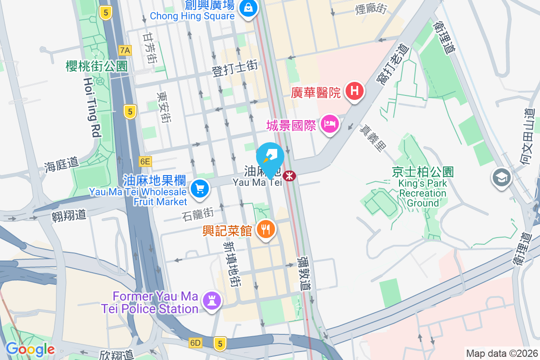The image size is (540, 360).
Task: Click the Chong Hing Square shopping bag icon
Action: (x=247, y=8)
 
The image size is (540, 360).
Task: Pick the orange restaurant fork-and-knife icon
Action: (x=266, y=230)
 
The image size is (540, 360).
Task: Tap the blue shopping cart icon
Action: (x=200, y=188)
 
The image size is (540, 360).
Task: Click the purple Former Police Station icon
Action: (x=211, y=300)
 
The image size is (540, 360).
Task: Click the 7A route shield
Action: (x=125, y=50)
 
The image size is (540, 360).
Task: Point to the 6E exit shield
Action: (x=145, y=161)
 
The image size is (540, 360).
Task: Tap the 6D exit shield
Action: (x=195, y=343)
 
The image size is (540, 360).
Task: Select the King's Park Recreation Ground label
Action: (x=423, y=189)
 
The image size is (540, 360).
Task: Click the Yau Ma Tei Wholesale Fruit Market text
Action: (x=138, y=197)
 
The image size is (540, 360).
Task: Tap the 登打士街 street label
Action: (x=234, y=68)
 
